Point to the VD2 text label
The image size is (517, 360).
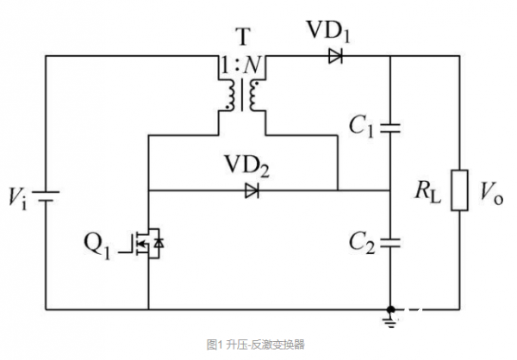click(247, 166)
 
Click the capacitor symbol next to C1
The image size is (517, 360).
click(391, 127)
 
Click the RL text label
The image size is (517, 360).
click(428, 195)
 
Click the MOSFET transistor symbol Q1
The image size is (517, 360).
click(148, 245)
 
